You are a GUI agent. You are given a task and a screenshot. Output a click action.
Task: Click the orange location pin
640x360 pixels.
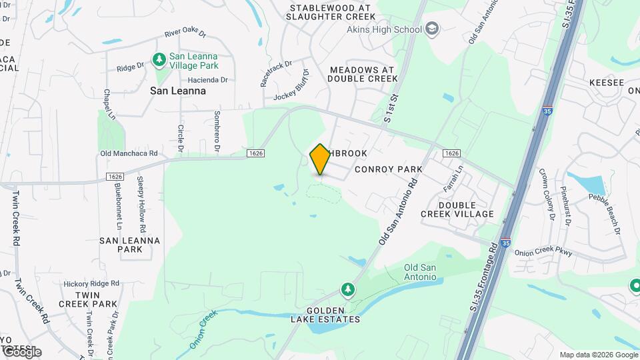tap(320, 159)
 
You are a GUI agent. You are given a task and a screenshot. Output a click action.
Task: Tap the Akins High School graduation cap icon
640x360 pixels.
tap(432, 29)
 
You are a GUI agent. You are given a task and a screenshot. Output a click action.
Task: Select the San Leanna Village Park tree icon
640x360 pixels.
tap(159, 61)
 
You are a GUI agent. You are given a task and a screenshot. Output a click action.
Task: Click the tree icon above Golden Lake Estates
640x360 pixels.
tap(347, 289)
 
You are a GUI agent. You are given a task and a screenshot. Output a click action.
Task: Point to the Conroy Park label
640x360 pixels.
tap(389, 169)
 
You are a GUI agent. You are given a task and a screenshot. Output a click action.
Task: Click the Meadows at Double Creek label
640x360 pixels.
tap(363, 74)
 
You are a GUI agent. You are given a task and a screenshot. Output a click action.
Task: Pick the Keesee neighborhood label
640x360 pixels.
tap(606, 82)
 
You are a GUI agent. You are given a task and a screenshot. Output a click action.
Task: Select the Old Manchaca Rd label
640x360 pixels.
tap(129, 153)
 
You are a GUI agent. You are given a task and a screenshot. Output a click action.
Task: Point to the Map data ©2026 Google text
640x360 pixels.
tap(598, 355)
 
